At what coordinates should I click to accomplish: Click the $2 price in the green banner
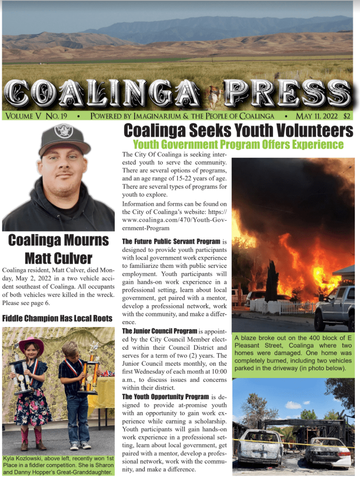(x=346, y=116)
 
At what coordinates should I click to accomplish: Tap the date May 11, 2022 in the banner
(x=317, y=116)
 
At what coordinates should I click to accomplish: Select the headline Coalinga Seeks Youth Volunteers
(x=238, y=130)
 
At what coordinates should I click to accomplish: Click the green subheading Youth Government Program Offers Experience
(x=238, y=144)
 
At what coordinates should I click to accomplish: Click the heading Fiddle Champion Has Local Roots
(x=57, y=318)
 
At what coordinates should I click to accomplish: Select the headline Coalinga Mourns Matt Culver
(x=58, y=249)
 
